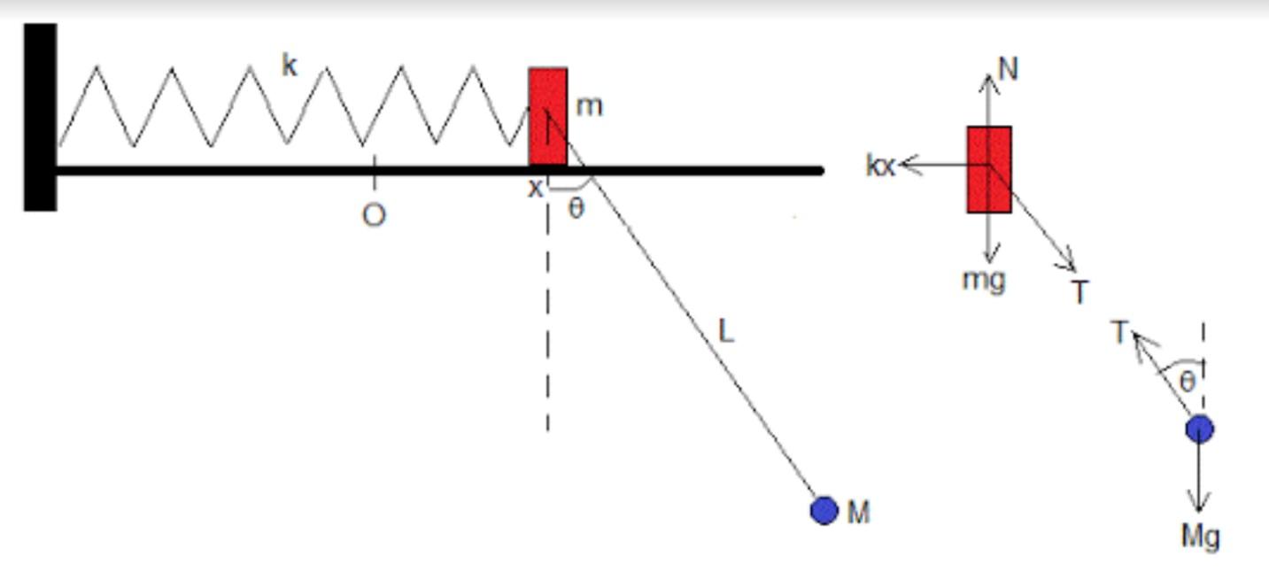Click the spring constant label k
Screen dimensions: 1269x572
[x=289, y=66]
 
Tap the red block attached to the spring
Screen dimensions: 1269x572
[x=548, y=115]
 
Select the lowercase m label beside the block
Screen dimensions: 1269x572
[x=589, y=106]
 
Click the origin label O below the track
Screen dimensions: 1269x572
[x=374, y=216]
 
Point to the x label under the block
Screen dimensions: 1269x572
[x=535, y=189]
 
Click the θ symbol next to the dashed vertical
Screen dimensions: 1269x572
[x=576, y=210]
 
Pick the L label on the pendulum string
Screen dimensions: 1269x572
[x=726, y=331]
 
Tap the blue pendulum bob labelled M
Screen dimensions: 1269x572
[x=824, y=511]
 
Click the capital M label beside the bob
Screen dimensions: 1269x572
[x=858, y=512]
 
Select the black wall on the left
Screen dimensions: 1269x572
[x=40, y=117]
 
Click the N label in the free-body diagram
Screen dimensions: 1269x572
[x=1008, y=69]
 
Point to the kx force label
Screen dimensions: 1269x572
[x=880, y=166]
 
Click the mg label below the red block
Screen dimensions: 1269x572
[x=984, y=280]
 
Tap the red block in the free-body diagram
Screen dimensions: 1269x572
[x=988, y=169]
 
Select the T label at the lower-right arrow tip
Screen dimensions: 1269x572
[x=1079, y=291]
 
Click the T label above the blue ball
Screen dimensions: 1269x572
[x=1120, y=333]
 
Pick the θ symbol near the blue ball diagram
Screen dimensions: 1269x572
[x=1187, y=382]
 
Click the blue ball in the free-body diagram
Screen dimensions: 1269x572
[x=1199, y=429]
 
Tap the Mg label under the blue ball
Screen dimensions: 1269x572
[x=1200, y=536]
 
